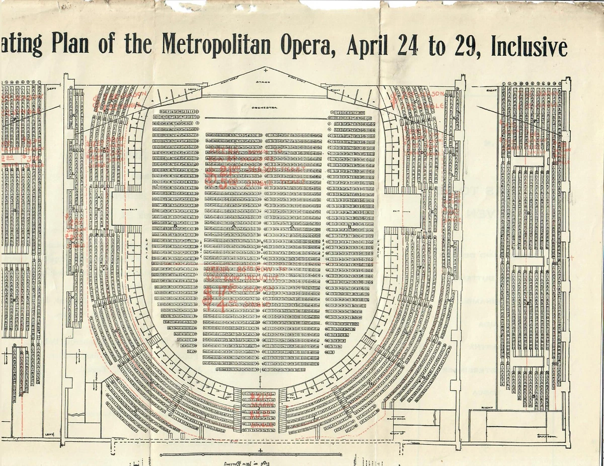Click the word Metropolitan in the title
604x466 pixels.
[216, 46]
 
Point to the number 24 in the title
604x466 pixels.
[409, 46]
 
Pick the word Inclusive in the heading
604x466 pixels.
[529, 46]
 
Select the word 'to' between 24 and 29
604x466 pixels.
[438, 47]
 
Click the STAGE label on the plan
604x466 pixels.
[263, 82]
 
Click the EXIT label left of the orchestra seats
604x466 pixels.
[119, 210]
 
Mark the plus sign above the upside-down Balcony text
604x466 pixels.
[260, 450]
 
